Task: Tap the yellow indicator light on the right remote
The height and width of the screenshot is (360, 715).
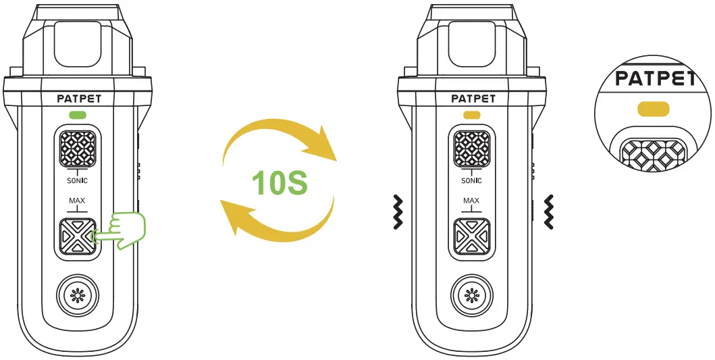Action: [472, 114]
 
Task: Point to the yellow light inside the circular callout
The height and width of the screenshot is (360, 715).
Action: [653, 108]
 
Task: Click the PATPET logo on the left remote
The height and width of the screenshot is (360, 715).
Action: [80, 99]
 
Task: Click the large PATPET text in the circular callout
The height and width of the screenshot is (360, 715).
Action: [654, 78]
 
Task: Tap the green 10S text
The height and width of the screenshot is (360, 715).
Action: [280, 183]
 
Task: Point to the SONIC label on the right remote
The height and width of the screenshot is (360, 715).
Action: [471, 181]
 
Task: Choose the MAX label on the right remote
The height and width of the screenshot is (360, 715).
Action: [471, 201]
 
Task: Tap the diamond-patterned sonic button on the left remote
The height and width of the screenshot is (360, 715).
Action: [78, 149]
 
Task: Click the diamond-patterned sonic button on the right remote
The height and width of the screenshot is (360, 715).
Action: [471, 149]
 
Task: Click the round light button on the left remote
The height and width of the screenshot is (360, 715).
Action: [78, 297]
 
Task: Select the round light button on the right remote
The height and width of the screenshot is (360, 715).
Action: [471, 297]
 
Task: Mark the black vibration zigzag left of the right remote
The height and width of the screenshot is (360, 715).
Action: [398, 211]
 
